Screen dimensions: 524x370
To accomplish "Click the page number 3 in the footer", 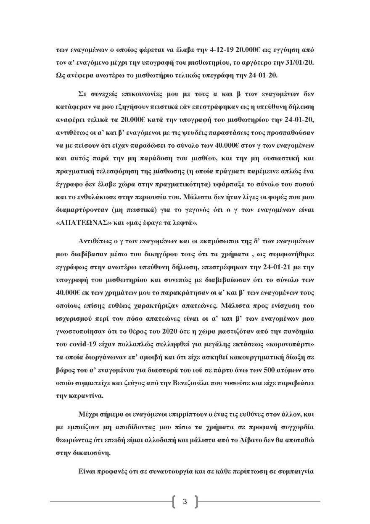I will (185, 501).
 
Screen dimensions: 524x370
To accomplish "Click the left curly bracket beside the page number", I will (174, 501).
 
